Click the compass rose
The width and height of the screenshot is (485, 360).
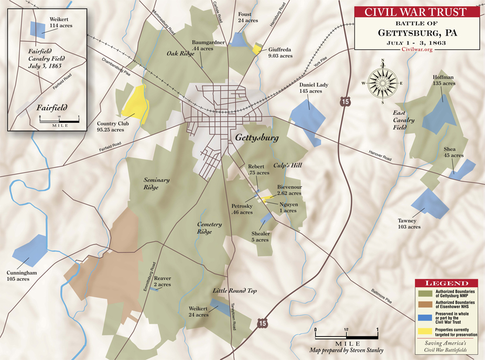(x=383, y=83)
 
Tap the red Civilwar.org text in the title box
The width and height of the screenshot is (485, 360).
(x=416, y=49)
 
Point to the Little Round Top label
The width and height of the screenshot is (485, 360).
(x=234, y=290)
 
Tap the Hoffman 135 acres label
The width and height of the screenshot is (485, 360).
(x=443, y=80)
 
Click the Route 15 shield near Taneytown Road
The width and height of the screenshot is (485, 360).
(x=262, y=323)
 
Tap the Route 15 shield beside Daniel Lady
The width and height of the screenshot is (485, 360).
(x=343, y=102)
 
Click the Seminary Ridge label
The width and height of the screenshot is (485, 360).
(x=157, y=183)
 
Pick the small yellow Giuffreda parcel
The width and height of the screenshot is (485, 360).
(x=257, y=49)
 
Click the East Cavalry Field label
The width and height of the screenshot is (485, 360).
(x=403, y=120)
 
